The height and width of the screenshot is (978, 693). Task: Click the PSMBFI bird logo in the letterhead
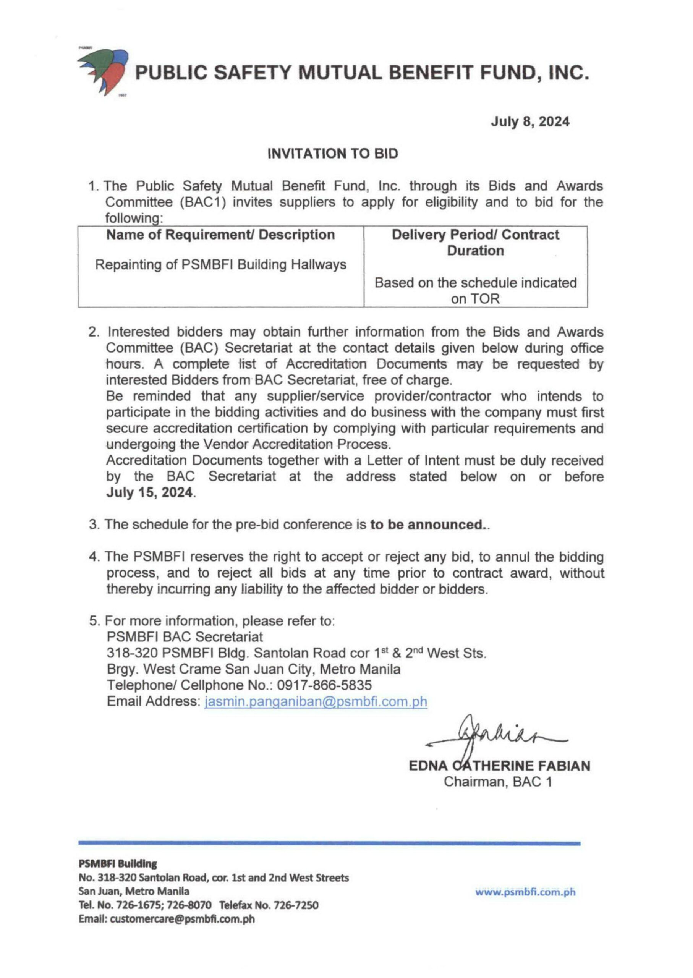[x=104, y=71]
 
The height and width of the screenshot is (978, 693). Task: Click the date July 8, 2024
[x=529, y=121]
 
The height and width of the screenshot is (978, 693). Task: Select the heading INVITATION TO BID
[x=332, y=154]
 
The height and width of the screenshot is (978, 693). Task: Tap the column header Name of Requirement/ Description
[x=220, y=235]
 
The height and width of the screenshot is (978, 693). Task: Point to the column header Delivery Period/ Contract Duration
[x=475, y=242]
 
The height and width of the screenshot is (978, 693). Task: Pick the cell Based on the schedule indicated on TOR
[x=475, y=291]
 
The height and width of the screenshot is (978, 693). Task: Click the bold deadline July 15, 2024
[x=149, y=492]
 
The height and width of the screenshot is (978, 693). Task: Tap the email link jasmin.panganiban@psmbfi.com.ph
[x=316, y=701]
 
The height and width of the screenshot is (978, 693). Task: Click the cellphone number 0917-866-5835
[x=324, y=685]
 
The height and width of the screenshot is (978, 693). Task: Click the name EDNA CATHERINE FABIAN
[x=499, y=766]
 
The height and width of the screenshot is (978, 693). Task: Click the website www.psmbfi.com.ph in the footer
[x=525, y=892]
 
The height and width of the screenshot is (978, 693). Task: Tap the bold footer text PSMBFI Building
[x=118, y=864]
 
